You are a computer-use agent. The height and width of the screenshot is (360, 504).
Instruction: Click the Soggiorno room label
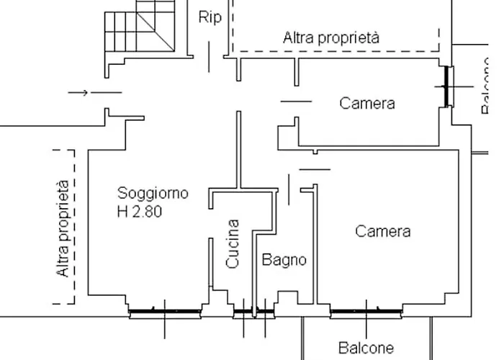point(153,193)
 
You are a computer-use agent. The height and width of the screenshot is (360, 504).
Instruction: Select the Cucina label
point(233,244)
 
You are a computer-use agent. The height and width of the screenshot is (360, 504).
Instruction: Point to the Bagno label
point(284,260)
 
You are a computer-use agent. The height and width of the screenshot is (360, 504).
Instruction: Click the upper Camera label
point(367,103)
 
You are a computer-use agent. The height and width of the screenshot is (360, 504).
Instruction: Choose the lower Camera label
point(383,231)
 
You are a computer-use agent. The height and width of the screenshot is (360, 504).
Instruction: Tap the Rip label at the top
point(210,18)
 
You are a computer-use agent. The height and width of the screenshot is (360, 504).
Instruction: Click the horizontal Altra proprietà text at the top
point(331,37)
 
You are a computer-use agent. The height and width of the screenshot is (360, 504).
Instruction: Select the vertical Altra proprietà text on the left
point(63,228)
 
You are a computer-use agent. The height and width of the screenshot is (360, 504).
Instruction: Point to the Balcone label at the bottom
point(366,348)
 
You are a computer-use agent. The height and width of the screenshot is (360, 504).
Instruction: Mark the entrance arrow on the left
point(79,92)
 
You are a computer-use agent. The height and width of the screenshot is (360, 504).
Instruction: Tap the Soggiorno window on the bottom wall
point(165,312)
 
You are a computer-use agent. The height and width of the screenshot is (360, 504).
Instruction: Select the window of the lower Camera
point(366,312)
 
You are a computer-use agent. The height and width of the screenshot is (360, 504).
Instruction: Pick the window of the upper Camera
point(448,86)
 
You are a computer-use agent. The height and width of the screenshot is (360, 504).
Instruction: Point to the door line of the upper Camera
point(296,102)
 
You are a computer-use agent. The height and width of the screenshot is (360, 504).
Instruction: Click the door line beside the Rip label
point(210,56)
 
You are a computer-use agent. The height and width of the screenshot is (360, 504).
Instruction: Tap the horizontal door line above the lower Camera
point(314,169)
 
